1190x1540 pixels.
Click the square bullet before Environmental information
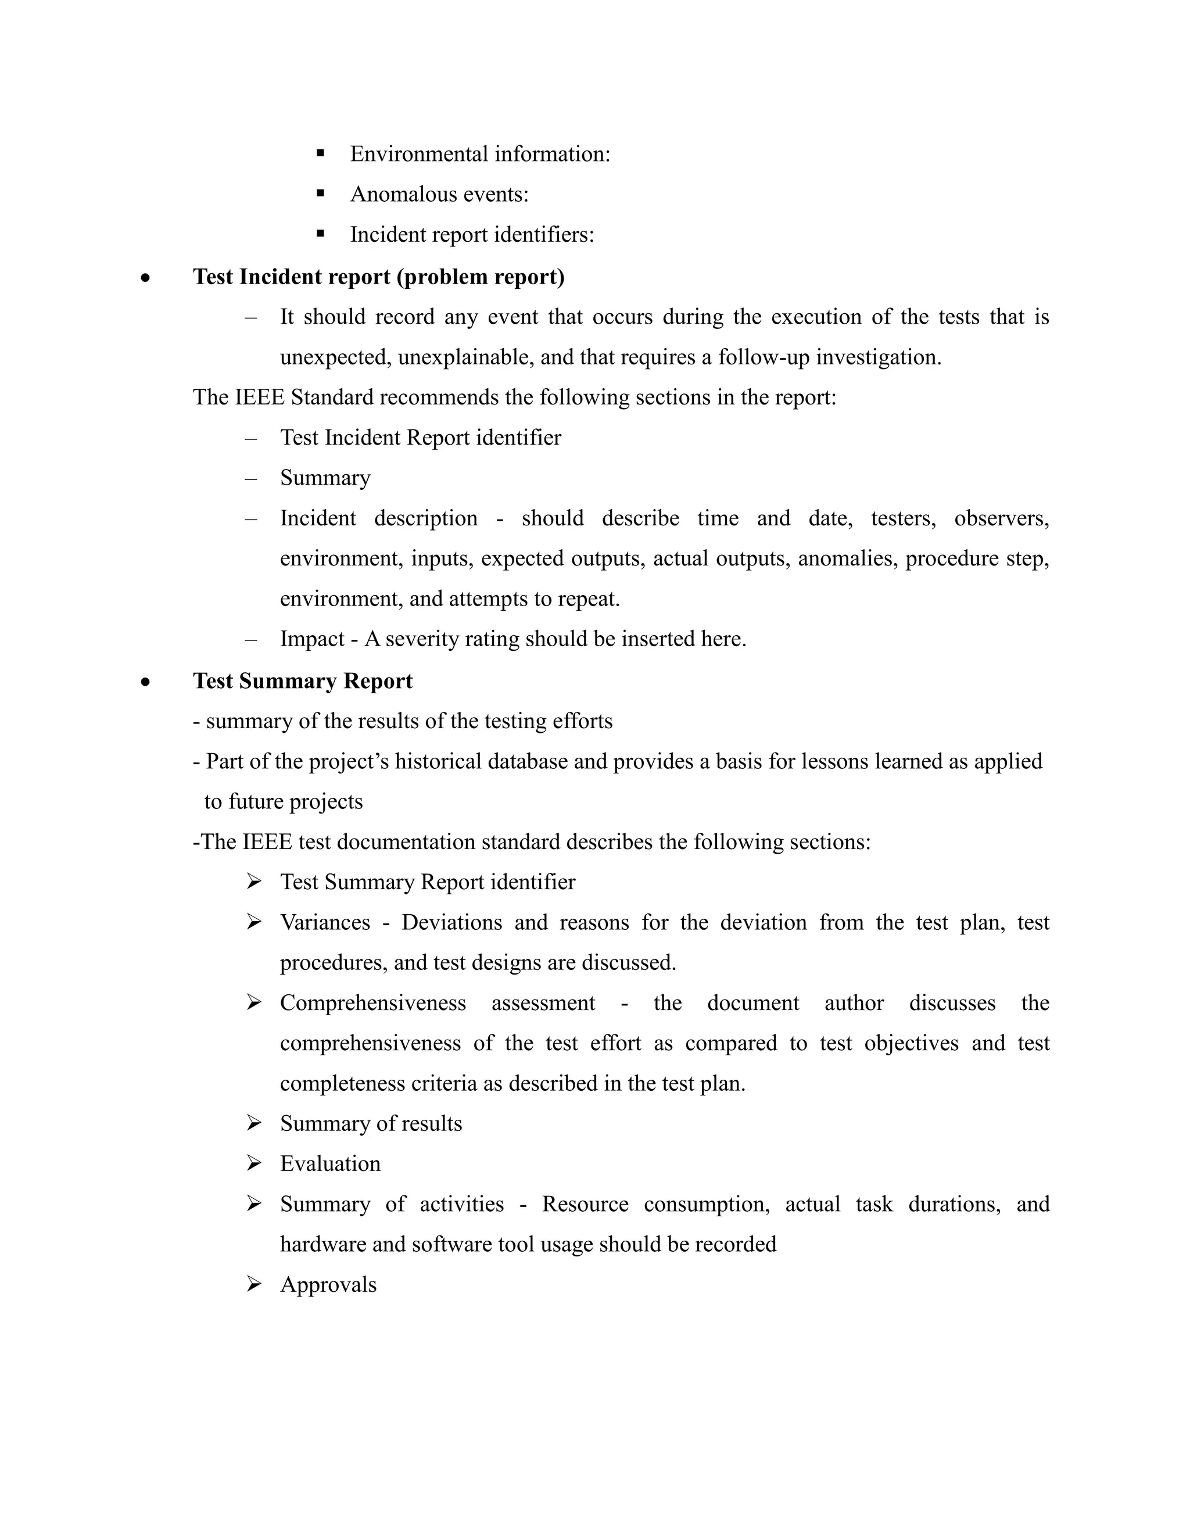321,152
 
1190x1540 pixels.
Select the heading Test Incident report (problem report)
379,277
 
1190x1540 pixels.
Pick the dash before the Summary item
251,479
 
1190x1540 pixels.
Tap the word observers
1001,518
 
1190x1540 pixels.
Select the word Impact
311,639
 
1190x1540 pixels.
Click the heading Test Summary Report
302,681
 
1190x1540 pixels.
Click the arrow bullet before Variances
254,922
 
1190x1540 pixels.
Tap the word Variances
324,922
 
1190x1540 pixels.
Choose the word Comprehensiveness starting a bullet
372,1002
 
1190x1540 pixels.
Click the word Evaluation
330,1163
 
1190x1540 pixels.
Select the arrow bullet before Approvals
254,1284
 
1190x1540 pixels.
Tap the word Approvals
328,1285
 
